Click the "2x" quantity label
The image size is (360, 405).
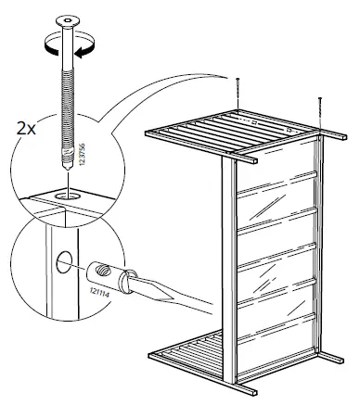[x=25, y=129]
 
